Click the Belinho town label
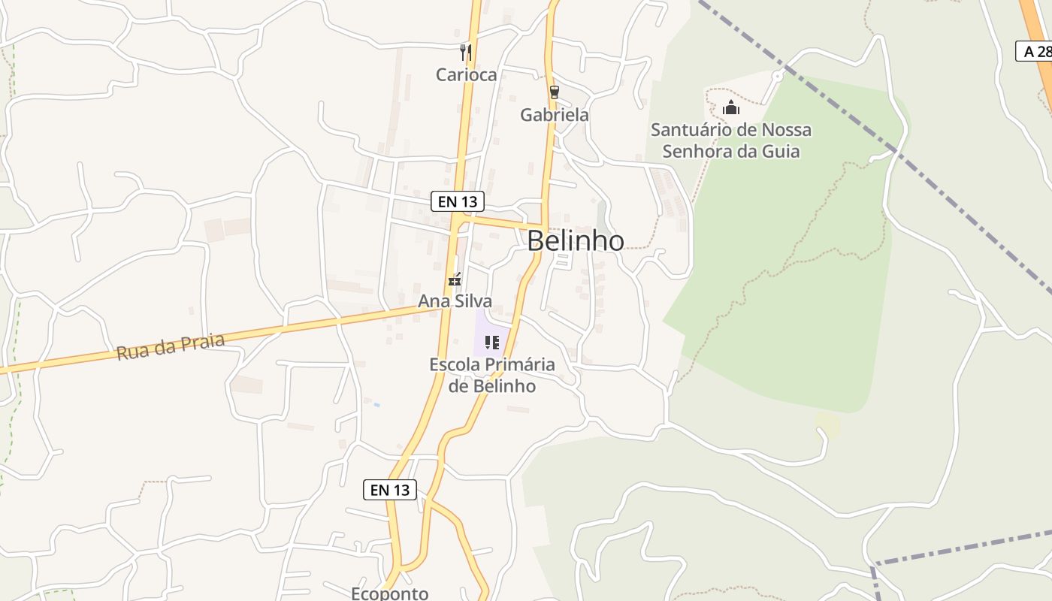click(x=575, y=240)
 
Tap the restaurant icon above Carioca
click(x=466, y=52)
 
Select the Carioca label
click(x=466, y=75)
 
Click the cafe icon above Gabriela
click(x=555, y=92)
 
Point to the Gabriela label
click(x=555, y=115)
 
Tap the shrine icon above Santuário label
click(x=731, y=108)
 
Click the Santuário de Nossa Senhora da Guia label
click(x=731, y=140)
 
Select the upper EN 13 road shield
click(x=458, y=201)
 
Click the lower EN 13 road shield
click(x=390, y=490)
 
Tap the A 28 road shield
click(x=1035, y=51)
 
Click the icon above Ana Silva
click(x=455, y=280)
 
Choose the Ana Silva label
click(x=455, y=301)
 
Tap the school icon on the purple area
click(x=492, y=343)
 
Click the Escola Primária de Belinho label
click(x=492, y=375)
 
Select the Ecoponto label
click(x=390, y=593)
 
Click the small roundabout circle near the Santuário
click(x=778, y=76)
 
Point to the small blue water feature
click(x=376, y=405)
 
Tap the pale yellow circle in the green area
click(x=827, y=424)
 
